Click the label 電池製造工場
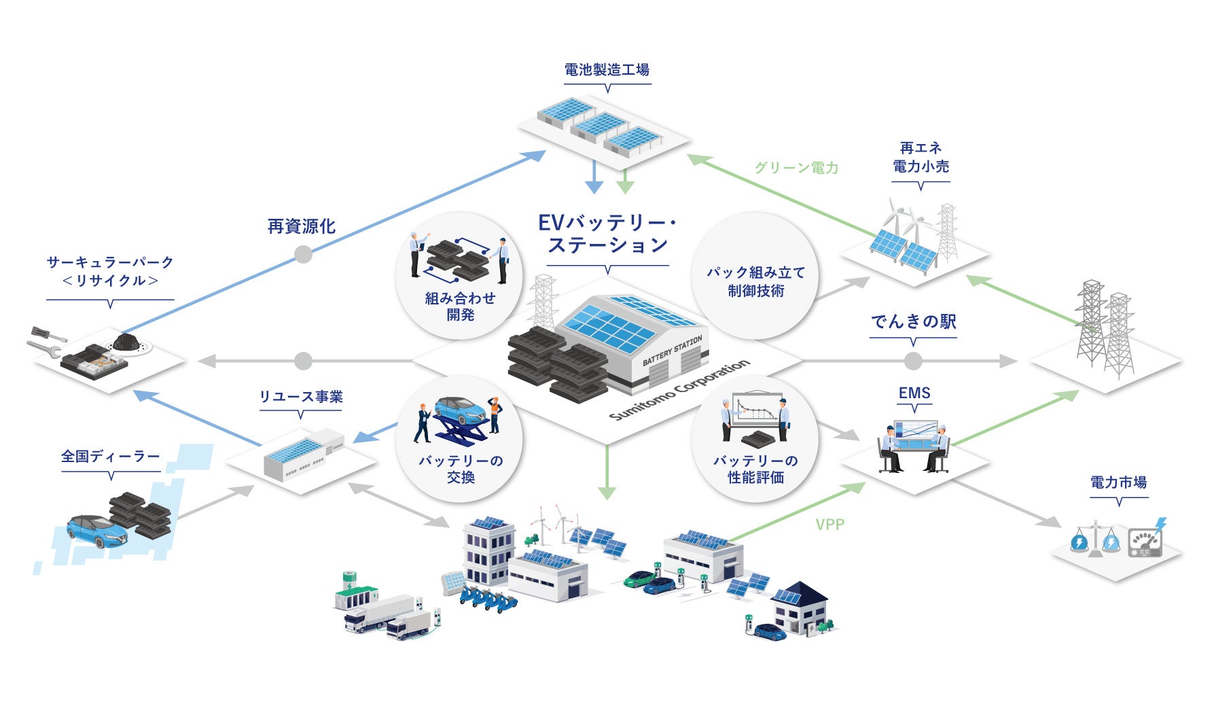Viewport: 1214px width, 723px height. pos(607,69)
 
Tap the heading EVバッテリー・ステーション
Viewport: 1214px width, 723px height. pos(607,234)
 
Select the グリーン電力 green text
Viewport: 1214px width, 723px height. pos(796,168)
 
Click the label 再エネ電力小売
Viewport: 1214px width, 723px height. pos(921,157)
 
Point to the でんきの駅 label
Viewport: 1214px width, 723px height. pos(913,321)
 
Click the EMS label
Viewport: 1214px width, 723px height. pos(914,393)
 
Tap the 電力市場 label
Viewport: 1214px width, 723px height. pos(1118,482)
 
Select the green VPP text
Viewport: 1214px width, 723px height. pos(829,525)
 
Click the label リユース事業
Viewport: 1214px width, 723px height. pos(301,396)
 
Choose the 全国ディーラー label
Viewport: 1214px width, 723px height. pos(110,457)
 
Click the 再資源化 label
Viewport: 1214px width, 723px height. pos(301,226)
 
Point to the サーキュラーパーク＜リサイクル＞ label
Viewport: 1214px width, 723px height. pos(110,271)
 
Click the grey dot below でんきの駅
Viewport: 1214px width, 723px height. pos(913,361)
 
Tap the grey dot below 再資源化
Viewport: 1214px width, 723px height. pos(303,255)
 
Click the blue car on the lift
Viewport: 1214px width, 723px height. pos(459,407)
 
